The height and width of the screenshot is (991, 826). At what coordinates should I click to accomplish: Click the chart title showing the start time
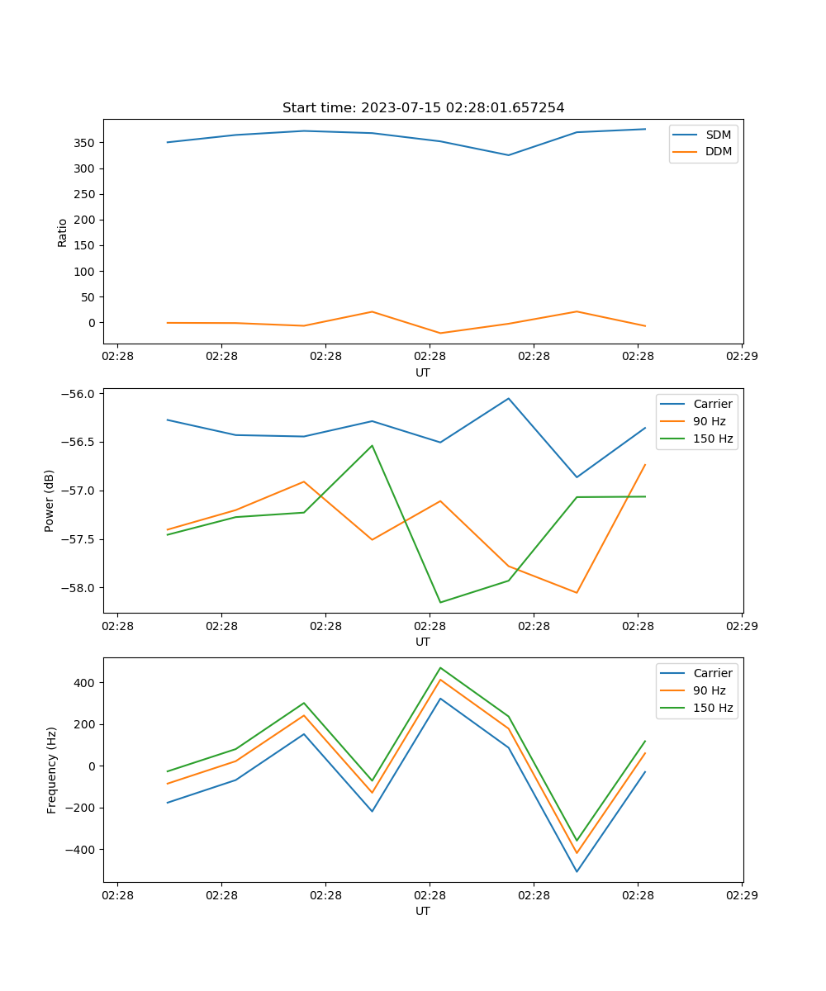click(423, 108)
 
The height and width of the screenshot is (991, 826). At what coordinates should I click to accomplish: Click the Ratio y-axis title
click(63, 231)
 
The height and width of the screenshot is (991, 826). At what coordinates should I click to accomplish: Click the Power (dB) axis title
click(50, 500)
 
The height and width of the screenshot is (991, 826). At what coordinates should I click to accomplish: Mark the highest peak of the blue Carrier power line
click(509, 398)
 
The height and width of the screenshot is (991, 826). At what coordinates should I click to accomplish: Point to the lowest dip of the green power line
click(440, 602)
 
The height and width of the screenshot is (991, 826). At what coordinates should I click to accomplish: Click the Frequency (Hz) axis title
click(52, 770)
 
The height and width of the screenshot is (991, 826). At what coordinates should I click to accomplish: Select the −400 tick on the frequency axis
click(83, 850)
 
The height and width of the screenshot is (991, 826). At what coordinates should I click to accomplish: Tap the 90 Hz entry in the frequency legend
click(711, 690)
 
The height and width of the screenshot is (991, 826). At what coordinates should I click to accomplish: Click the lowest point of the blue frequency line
click(577, 871)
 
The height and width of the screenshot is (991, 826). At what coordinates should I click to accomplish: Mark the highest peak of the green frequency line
click(440, 667)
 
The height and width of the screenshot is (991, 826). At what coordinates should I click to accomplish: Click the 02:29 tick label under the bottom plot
click(741, 894)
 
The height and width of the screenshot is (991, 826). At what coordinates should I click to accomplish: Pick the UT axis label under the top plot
click(423, 372)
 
